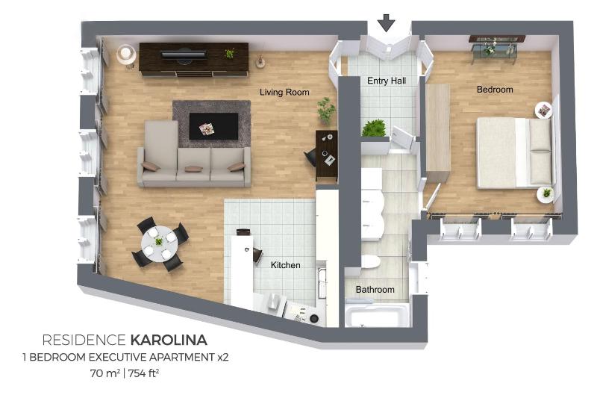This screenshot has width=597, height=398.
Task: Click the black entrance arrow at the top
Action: pyautogui.click(x=386, y=22)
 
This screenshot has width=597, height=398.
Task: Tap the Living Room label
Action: pyautogui.click(x=284, y=93)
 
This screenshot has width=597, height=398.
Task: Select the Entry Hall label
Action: pyautogui.click(x=387, y=81)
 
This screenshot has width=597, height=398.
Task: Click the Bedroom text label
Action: pyautogui.click(x=495, y=90)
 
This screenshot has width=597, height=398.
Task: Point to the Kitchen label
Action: pyautogui.click(x=285, y=265)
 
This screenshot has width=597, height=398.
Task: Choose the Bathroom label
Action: pyautogui.click(x=375, y=290)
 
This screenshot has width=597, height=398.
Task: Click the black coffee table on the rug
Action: pyautogui.click(x=213, y=125)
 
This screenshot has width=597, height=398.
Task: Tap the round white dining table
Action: pyautogui.click(x=160, y=243)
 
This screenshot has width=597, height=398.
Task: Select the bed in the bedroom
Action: pyautogui.click(x=513, y=153)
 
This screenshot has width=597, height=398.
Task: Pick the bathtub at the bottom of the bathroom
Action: pyautogui.click(x=377, y=315)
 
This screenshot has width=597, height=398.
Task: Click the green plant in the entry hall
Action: pyautogui.click(x=373, y=128)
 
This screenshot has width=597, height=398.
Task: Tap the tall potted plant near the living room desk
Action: pyautogui.click(x=326, y=111)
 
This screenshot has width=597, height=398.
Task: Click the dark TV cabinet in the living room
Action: pyautogui.click(x=193, y=57)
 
